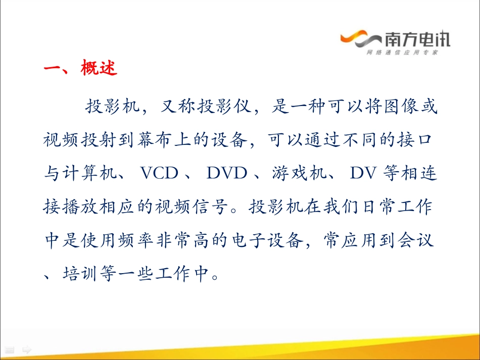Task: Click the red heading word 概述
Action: click(x=99, y=68)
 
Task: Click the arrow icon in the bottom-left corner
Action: click(x=27, y=349)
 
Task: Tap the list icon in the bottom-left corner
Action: click(x=11, y=349)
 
